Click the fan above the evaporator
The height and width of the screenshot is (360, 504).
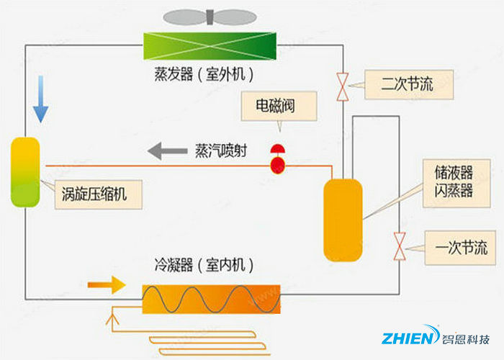(x=209, y=17)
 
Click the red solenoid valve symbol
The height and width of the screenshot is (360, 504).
(x=277, y=159)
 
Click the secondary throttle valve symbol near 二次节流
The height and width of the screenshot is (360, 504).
(x=343, y=86)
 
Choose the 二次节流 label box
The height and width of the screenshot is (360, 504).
(x=408, y=84)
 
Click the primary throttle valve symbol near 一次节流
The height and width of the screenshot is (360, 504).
(x=400, y=246)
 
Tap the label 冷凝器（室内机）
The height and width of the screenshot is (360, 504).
(x=204, y=265)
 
